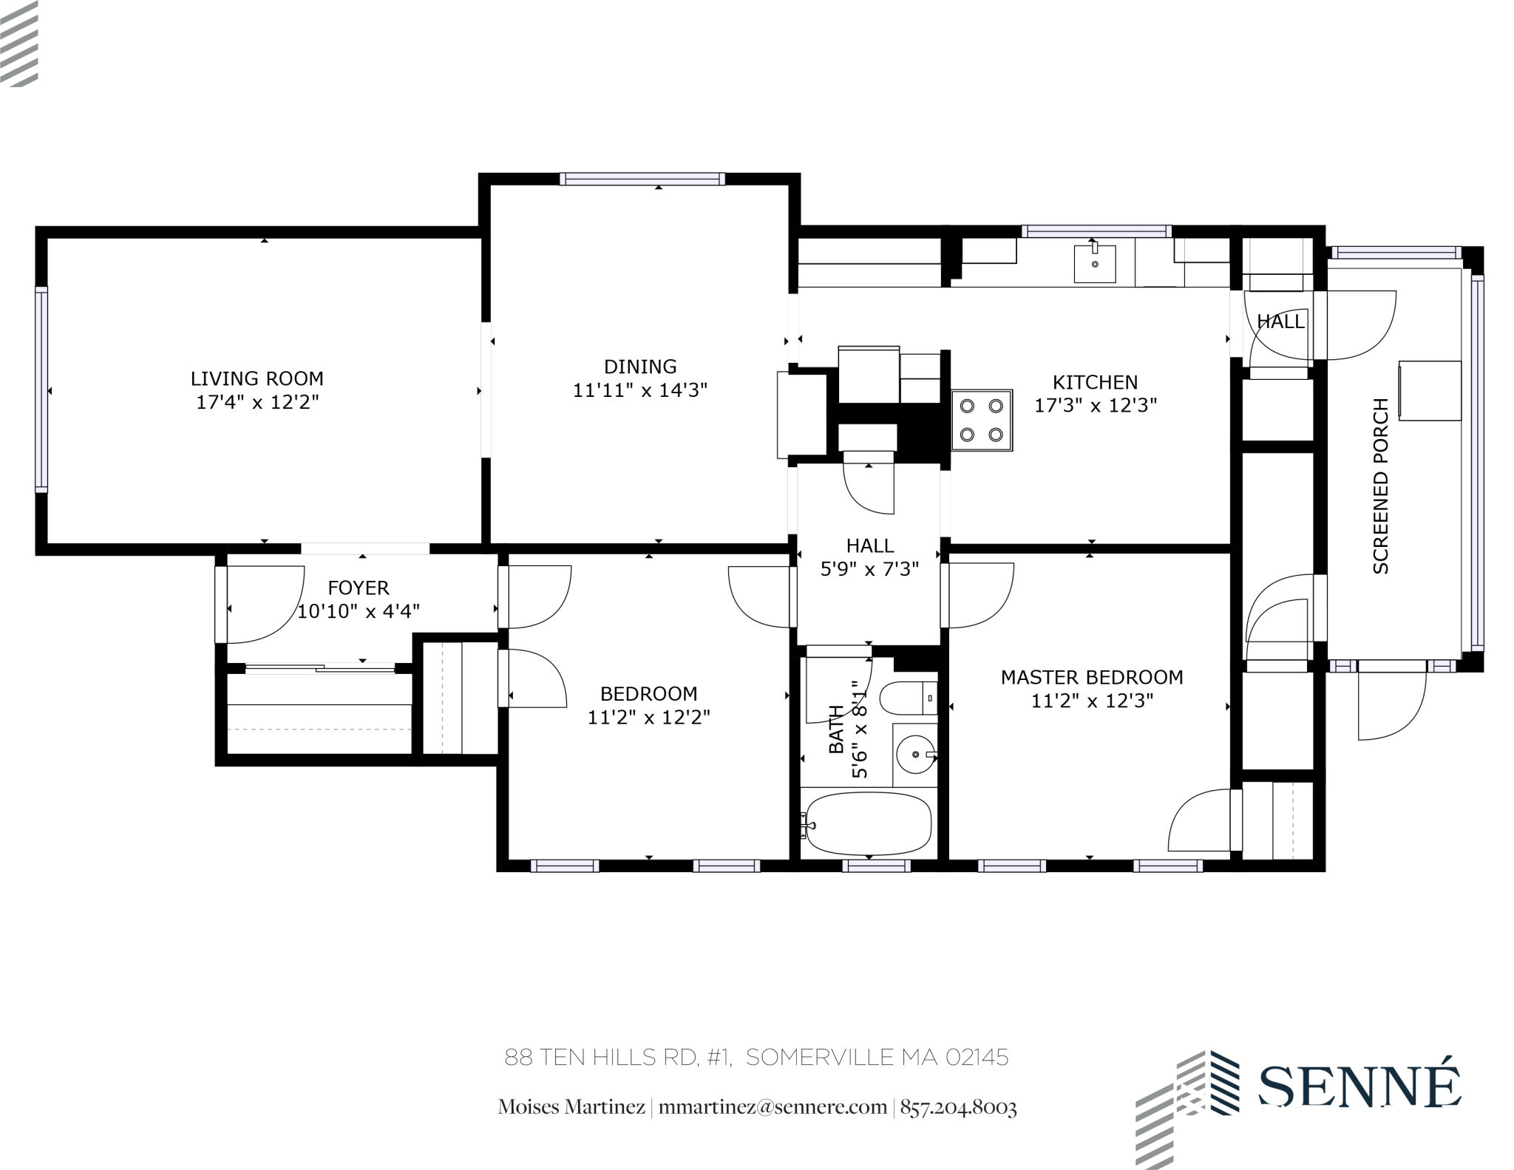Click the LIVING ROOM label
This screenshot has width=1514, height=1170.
tap(257, 378)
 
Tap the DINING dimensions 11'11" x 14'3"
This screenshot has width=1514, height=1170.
tap(640, 390)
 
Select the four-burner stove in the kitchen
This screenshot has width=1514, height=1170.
tap(982, 421)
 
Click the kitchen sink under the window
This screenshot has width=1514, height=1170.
tap(1094, 264)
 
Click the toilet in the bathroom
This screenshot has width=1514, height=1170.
tap(906, 696)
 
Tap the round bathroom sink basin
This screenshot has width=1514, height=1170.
tap(914, 755)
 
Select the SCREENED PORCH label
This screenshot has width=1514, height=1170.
tap(1380, 486)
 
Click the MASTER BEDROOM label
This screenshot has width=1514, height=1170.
tap(1092, 677)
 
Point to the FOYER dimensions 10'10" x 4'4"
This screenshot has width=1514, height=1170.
tap(359, 611)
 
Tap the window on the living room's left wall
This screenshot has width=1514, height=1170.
tap(41, 390)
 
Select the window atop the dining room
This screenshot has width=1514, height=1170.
tap(642, 178)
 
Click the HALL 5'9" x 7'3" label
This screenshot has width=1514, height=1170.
tap(870, 557)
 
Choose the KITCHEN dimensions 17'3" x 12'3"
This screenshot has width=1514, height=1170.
tap(1095, 405)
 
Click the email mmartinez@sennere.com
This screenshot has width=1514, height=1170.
tap(773, 1107)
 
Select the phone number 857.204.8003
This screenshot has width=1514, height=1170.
tap(958, 1107)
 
